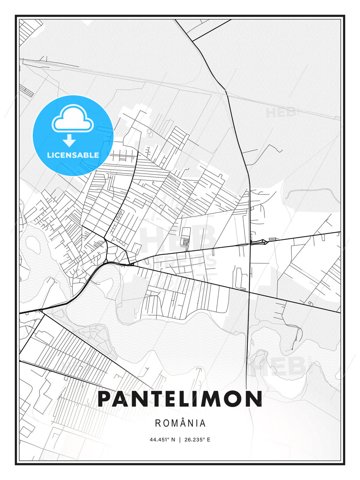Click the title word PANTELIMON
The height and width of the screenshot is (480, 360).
tap(180, 399)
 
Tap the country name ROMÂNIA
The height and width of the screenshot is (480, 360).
tap(180, 423)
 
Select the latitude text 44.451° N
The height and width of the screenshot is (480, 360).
tap(162, 440)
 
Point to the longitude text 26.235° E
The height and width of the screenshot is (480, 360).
tap(197, 440)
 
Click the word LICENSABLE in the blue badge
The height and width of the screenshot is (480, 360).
tap(73, 155)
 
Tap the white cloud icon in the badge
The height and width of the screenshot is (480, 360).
tap(72, 119)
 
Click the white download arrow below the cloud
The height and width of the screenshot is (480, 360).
tap(69, 141)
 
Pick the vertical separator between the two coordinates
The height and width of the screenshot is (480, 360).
tap(180, 440)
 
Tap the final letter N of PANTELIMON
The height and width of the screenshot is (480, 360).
tap(254, 399)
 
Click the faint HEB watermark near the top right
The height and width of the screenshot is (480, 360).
tap(281, 112)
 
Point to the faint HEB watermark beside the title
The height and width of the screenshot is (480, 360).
tap(283, 367)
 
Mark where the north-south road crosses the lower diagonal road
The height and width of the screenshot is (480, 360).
tap(249, 292)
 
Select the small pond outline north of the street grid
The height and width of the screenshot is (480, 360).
tap(149, 134)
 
